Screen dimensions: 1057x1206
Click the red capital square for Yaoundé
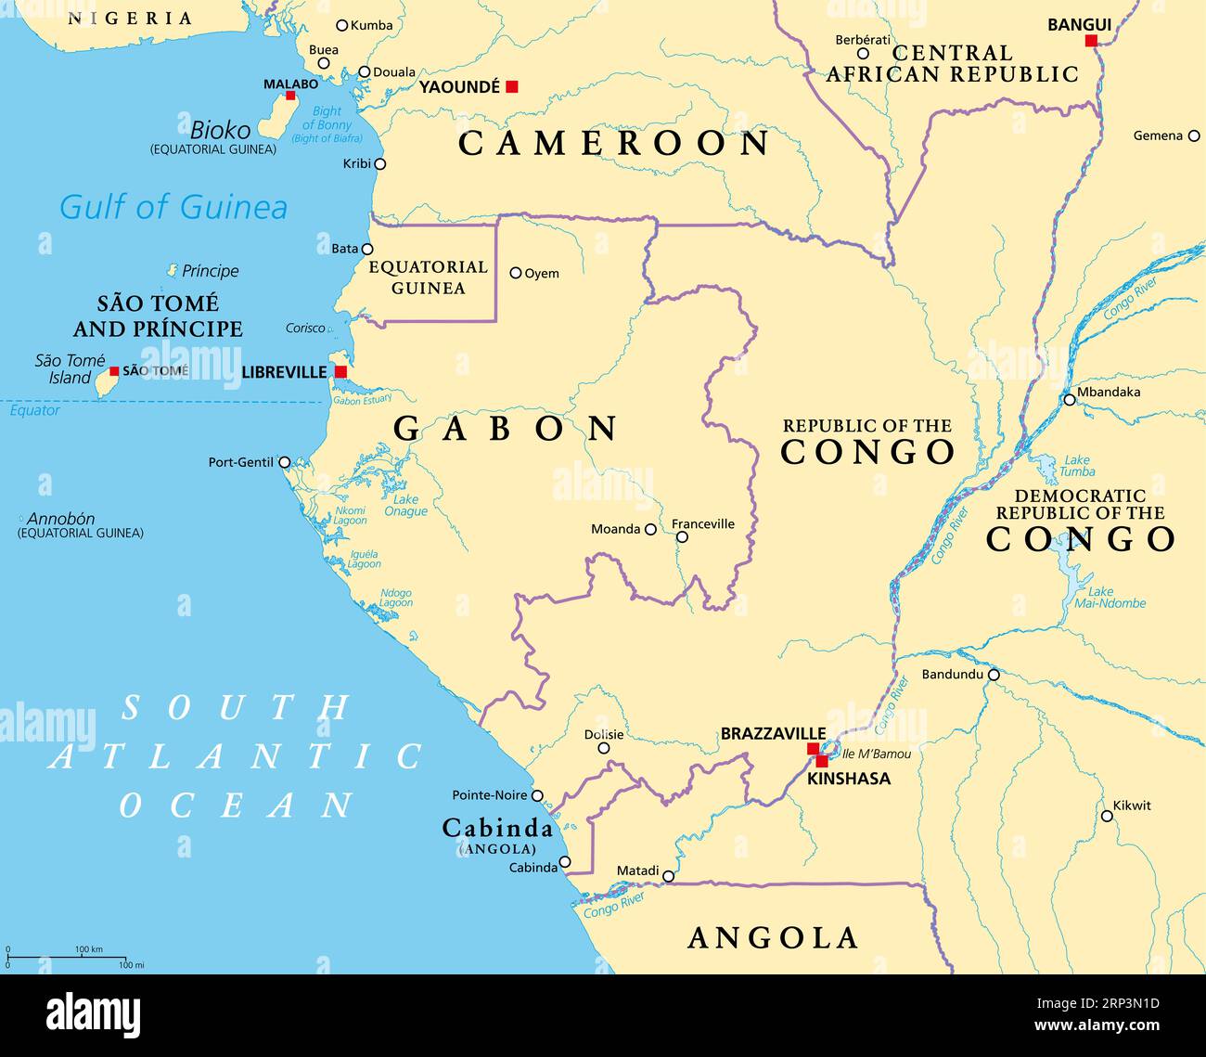coord(511,86)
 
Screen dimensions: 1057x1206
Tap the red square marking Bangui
coord(1091,40)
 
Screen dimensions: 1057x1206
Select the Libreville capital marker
coord(340,372)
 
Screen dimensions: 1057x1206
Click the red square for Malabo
coord(290,96)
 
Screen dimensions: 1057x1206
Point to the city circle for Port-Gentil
coord(285,462)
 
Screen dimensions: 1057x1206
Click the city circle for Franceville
coord(682,537)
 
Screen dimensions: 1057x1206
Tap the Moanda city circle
coord(651,530)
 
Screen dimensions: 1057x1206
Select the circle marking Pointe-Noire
coord(537,795)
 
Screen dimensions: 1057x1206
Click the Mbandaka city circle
coord(1070,400)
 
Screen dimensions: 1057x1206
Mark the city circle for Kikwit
coord(1107,817)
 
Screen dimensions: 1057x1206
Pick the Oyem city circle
coord(516,273)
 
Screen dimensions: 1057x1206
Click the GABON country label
coord(507,429)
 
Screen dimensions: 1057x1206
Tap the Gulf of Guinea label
coord(173,207)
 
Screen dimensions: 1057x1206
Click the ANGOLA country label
coord(773,938)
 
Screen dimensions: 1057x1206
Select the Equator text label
coord(34,410)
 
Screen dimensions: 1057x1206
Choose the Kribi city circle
coord(379,164)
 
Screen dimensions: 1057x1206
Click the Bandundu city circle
coord(994,675)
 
